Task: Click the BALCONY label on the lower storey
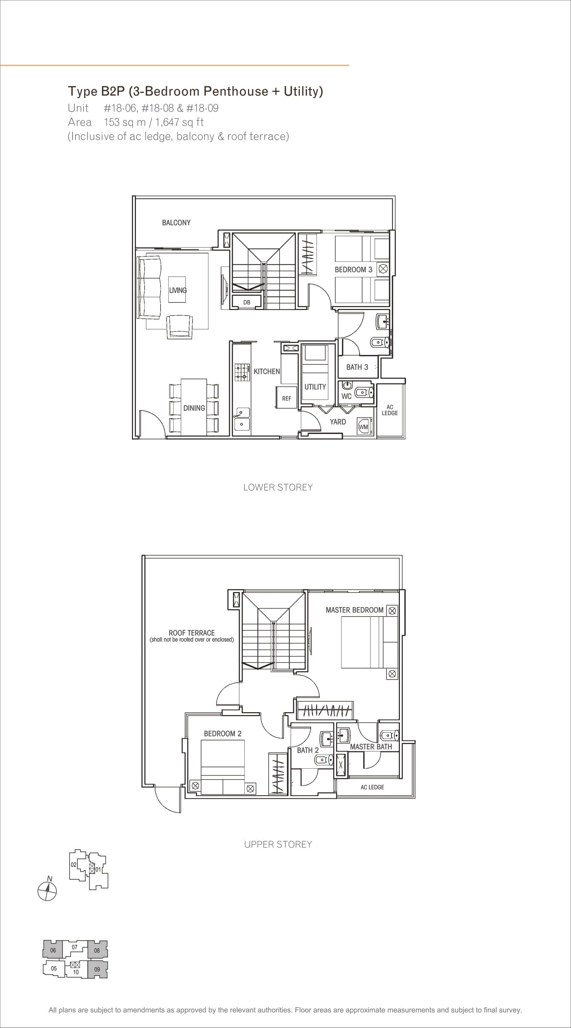[x=176, y=223]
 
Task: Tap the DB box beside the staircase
[x=247, y=302]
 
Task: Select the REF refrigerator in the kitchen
[x=286, y=397]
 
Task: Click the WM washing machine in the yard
[x=364, y=426]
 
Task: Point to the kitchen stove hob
[x=242, y=372]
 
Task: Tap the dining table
[x=194, y=407]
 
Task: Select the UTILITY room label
[x=315, y=387]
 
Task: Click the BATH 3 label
[x=357, y=367]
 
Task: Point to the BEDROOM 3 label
[x=353, y=270]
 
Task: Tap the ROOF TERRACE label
[x=191, y=632]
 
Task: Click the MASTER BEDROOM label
[x=354, y=610]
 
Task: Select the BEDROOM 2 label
[x=223, y=734]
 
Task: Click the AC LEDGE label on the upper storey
[x=372, y=787]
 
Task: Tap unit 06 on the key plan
[x=53, y=950]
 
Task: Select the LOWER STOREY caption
[x=278, y=487]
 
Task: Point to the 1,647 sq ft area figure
[x=179, y=122]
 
